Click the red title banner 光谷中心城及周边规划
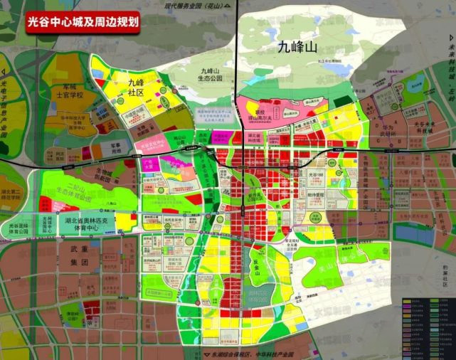[x=82, y=21]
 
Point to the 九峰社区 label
[x=136, y=87]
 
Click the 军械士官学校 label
[x=71, y=91]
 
